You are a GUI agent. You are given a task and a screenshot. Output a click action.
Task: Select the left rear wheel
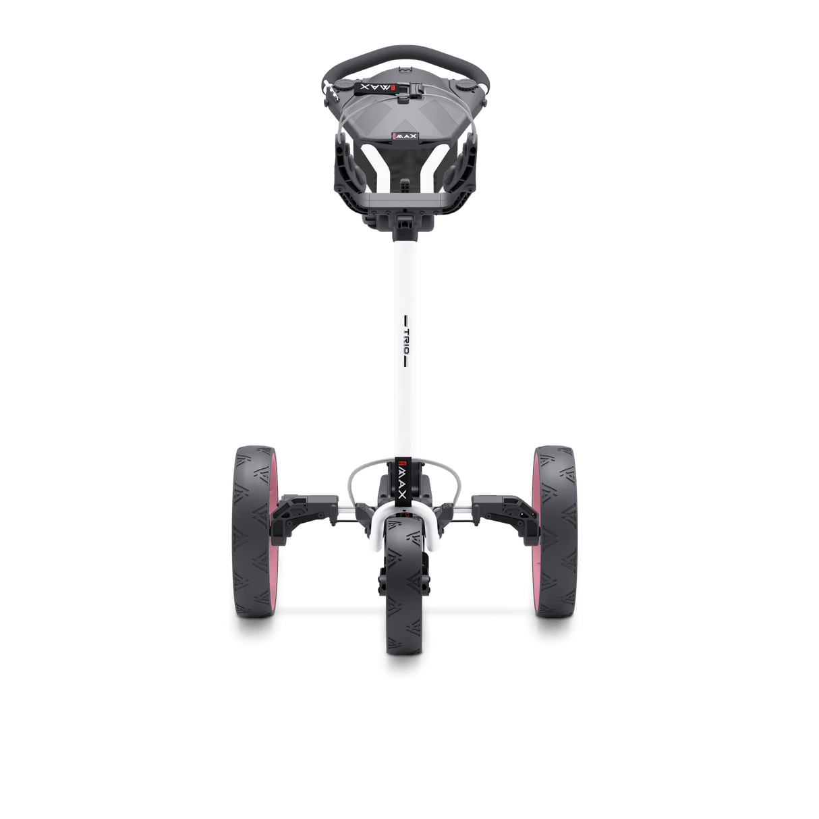[x=253, y=533]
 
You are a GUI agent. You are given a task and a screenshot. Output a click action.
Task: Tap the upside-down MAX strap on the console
[x=368, y=88]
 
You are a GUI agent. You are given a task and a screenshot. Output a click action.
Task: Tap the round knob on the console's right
[x=466, y=86]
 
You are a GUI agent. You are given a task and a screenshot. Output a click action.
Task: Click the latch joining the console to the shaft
[x=406, y=219]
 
